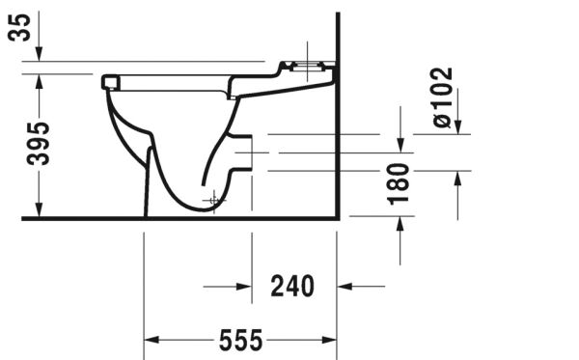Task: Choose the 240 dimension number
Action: [292, 287]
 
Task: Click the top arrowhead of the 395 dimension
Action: [39, 80]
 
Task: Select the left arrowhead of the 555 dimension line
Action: [152, 341]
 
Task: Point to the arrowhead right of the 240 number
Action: [345, 287]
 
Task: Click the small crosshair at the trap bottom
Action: [212, 198]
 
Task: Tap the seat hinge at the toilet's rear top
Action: [305, 68]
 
